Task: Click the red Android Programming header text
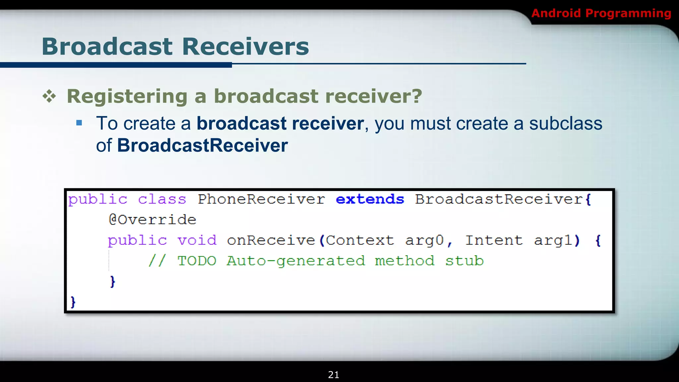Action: [x=601, y=13]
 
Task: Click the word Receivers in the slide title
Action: [x=245, y=46]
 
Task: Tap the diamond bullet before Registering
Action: [x=49, y=96]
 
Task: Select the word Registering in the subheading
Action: [x=127, y=96]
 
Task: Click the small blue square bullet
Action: [x=79, y=123]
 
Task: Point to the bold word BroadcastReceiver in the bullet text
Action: [x=202, y=145]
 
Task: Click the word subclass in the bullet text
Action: [x=565, y=123]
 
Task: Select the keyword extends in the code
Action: [x=370, y=199]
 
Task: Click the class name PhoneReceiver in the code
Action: [x=261, y=199]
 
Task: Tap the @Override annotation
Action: [x=153, y=220]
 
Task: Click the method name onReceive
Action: [x=271, y=240]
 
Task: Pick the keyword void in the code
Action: [x=197, y=240]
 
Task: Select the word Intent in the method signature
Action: [x=494, y=240]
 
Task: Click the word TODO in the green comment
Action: [x=197, y=261]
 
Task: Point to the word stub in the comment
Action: [x=464, y=261]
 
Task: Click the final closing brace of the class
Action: [x=73, y=302]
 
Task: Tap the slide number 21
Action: [x=334, y=375]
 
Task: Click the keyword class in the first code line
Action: [x=162, y=199]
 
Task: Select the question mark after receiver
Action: [x=416, y=96]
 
